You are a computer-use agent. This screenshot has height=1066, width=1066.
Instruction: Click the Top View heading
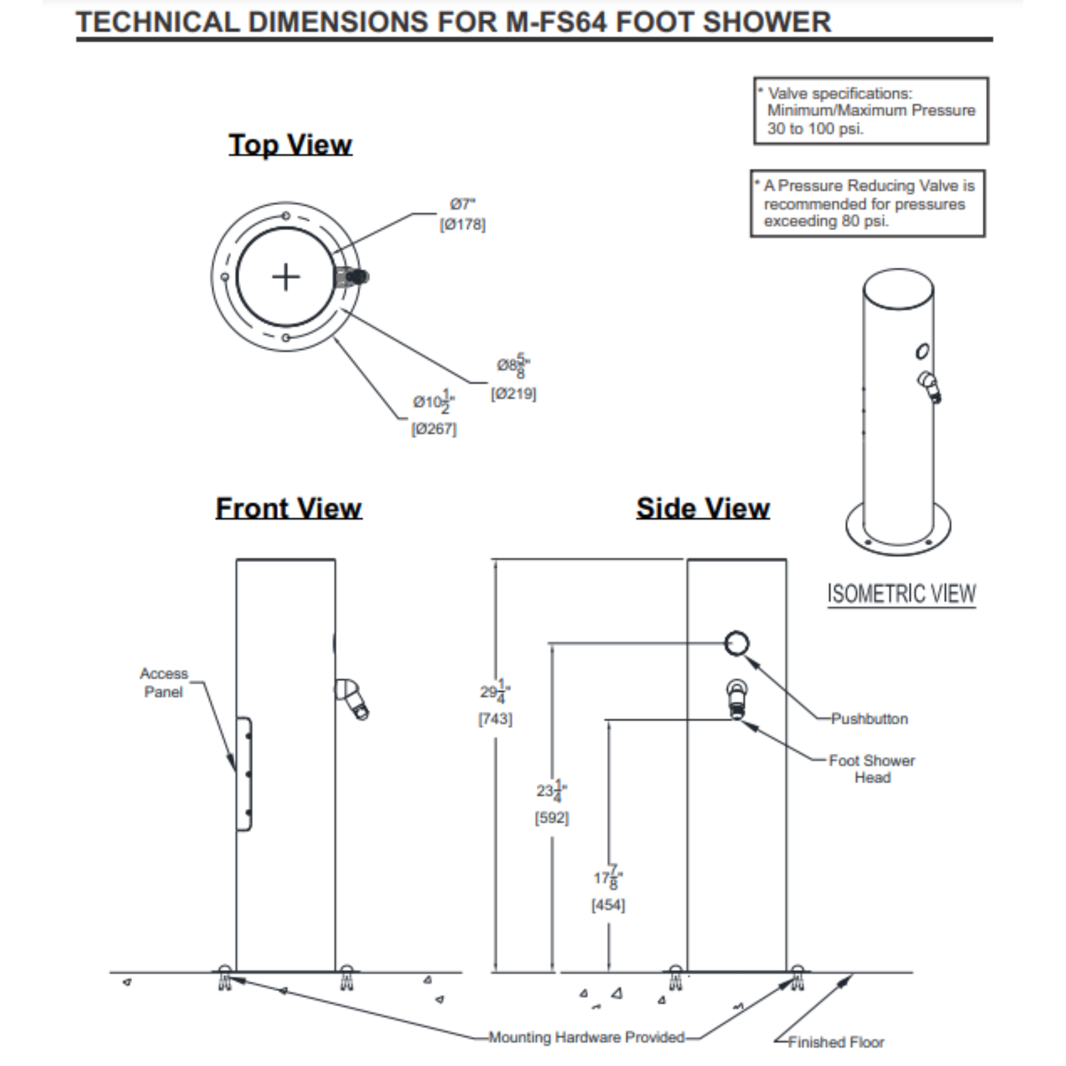pyautogui.click(x=290, y=145)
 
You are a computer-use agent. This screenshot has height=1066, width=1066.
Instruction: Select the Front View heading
pyautogui.click(x=288, y=508)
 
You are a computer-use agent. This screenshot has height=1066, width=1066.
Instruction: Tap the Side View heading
pyautogui.click(x=702, y=508)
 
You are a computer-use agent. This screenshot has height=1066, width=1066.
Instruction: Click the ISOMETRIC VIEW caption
pyautogui.click(x=901, y=594)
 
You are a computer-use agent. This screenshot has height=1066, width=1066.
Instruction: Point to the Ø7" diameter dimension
pyautogui.click(x=462, y=205)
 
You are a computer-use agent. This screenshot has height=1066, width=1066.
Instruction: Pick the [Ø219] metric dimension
pyautogui.click(x=513, y=394)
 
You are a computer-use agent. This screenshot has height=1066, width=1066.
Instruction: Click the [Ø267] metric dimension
pyautogui.click(x=434, y=429)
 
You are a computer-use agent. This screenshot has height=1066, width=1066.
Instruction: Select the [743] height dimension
pyautogui.click(x=495, y=719)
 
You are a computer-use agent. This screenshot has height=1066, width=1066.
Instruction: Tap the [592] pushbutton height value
pyautogui.click(x=552, y=818)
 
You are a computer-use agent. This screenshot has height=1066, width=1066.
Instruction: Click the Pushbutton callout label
pyautogui.click(x=869, y=719)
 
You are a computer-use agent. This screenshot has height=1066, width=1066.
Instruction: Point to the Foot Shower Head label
pyautogui.click(x=872, y=769)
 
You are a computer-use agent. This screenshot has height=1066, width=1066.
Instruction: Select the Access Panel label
pyautogui.click(x=163, y=683)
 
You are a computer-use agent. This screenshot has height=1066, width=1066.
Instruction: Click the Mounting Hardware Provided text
pyautogui.click(x=587, y=1038)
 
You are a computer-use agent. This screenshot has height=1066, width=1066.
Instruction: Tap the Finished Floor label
pyautogui.click(x=836, y=1042)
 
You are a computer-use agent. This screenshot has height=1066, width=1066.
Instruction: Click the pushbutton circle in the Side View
pyautogui.click(x=737, y=643)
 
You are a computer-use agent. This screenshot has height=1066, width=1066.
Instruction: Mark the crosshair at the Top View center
pyautogui.click(x=286, y=277)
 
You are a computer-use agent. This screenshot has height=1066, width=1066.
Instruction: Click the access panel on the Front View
pyautogui.click(x=244, y=773)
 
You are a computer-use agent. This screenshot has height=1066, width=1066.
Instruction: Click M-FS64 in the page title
pyautogui.click(x=556, y=22)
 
